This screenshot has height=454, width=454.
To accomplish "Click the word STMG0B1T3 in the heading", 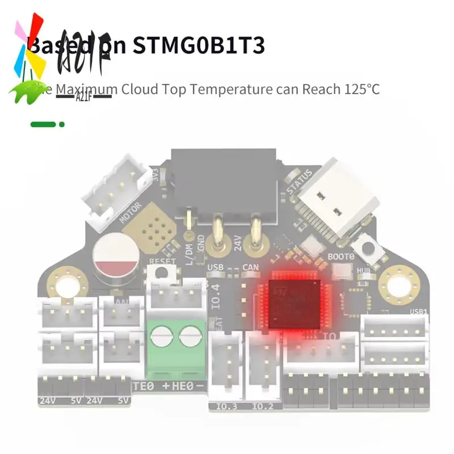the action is click(x=199, y=45).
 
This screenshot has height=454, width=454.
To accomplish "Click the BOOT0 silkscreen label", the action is click(x=342, y=255).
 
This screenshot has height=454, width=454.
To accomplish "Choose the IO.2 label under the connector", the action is click(x=262, y=406).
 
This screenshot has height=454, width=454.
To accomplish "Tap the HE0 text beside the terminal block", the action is click(x=183, y=387).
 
